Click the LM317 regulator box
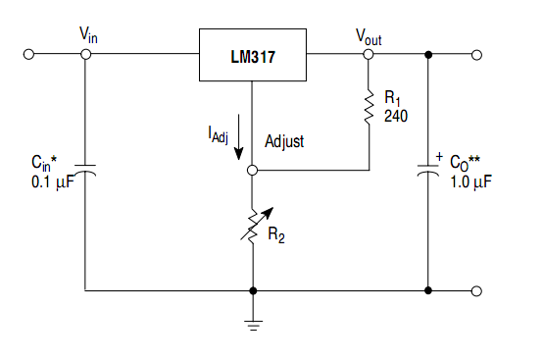point(254,55)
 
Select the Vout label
point(370,34)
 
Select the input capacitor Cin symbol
point(85,170)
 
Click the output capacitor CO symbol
point(428,170)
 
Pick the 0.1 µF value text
point(53,181)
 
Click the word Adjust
point(284,141)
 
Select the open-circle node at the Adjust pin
point(253,170)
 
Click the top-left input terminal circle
point(29,55)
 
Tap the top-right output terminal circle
point(477,55)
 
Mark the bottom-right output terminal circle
point(477,290)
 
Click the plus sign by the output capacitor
point(439,155)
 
